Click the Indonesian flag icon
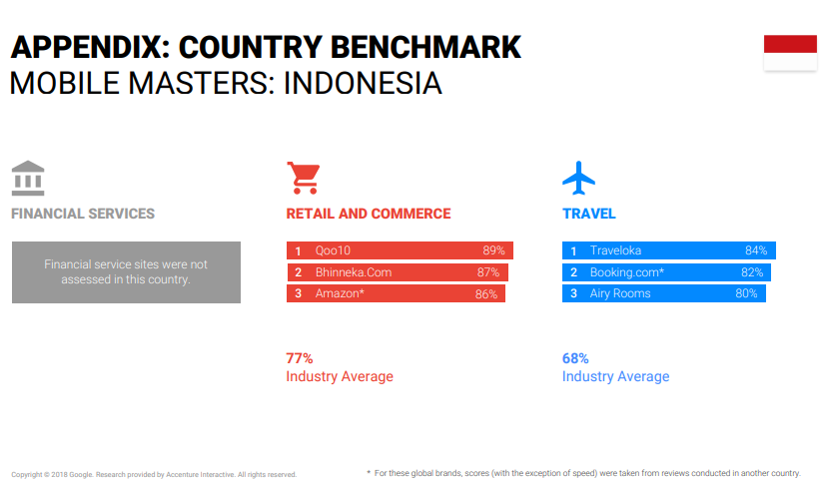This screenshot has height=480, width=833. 790,53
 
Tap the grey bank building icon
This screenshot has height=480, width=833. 28,178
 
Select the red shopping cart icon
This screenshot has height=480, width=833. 304,178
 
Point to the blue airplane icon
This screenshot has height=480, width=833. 578,178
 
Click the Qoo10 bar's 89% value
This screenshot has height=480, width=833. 493,250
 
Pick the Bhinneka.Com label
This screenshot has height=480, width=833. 354,272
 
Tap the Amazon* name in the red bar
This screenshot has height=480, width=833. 340,293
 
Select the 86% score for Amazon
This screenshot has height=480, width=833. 486,294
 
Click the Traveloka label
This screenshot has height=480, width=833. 615,250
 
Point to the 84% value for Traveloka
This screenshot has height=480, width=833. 756,250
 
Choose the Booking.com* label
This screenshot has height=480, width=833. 627,272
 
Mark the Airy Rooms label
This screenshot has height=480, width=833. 620,293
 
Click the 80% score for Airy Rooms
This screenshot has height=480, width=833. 746,293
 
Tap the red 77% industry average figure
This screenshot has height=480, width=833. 299,358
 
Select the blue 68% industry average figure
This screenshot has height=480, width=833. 575,358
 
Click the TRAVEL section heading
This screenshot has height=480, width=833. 588,214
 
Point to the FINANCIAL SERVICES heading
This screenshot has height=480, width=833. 83,214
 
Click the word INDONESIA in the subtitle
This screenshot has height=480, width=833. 363,84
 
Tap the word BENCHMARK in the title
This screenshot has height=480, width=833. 425,47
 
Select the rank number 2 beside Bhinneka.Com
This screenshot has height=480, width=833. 298,272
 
